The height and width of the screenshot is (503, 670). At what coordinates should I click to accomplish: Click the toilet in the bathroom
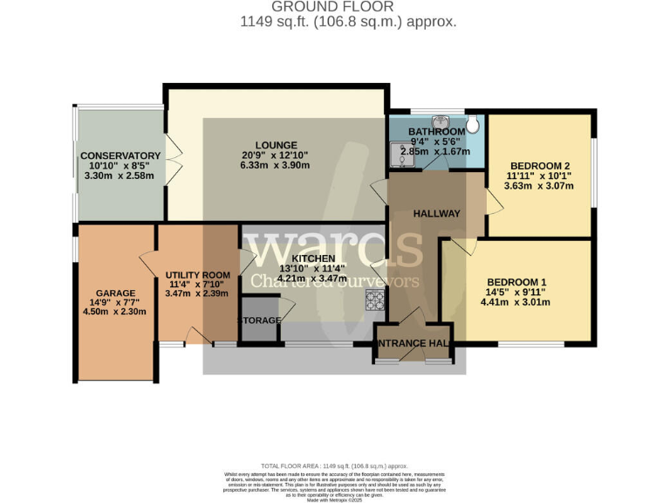coord(472,125)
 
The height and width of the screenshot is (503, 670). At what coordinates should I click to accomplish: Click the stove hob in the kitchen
coord(376,301)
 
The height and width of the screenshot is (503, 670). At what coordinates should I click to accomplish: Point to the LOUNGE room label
coord(277,145)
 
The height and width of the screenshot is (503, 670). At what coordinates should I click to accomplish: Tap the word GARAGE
coord(116,293)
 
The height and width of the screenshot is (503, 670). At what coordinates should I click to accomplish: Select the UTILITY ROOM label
coord(197,275)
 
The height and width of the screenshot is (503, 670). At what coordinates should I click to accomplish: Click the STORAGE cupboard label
coord(261,320)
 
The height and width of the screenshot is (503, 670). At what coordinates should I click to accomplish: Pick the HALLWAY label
coord(436,213)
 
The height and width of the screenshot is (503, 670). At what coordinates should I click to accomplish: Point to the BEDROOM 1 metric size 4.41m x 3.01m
coord(516,303)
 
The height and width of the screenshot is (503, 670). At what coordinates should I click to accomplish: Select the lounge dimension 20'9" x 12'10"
coord(277,155)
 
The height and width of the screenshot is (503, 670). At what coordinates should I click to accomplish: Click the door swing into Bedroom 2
coord(493,203)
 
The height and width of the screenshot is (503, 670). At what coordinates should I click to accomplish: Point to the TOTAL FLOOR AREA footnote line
coord(334,466)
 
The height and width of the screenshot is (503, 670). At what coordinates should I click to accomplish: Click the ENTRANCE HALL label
coord(414,344)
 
